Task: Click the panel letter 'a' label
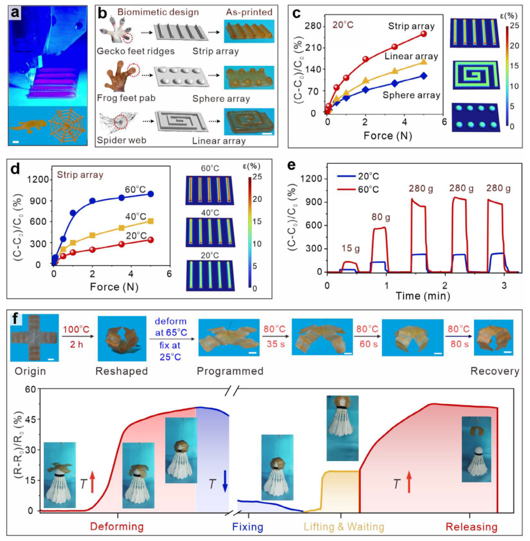(x=15, y=13)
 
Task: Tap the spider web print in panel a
(x=67, y=126)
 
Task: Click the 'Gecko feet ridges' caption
(x=135, y=51)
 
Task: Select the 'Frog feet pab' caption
(x=126, y=98)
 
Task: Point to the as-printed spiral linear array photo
(x=249, y=122)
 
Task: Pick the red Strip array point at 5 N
(x=423, y=34)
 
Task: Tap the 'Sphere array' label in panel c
(x=411, y=95)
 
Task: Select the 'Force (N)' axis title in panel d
(x=114, y=287)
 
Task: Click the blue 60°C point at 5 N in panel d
(x=150, y=194)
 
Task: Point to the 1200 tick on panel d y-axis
(x=39, y=180)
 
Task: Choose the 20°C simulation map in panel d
(x=210, y=276)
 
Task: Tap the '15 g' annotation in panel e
(x=350, y=249)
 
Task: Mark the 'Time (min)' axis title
(x=423, y=296)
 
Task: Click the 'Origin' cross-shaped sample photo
(x=34, y=337)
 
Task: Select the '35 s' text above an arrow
(x=275, y=344)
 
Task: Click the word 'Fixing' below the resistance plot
(x=248, y=527)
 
